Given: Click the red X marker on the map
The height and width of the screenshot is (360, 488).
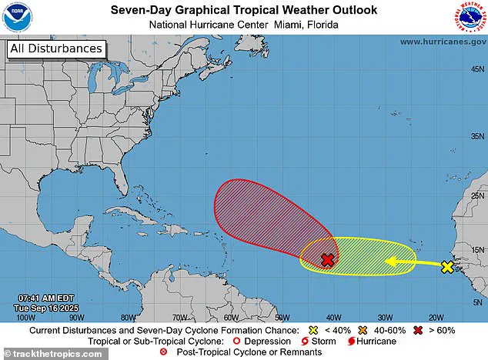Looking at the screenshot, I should click(327, 260).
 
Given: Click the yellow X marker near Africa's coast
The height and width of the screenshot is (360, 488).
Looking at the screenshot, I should click(447, 267).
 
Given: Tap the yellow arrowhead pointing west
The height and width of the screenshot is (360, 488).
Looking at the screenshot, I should click(390, 262).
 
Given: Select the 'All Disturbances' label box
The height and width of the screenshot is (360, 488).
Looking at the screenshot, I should click(55, 48).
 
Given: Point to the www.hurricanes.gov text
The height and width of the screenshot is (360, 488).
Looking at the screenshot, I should click(443, 42).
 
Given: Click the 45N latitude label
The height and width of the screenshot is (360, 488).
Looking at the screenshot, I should click(476, 69).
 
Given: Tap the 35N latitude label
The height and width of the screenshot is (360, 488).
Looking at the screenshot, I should click(476, 136).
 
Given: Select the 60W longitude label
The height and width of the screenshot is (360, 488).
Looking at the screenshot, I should click(230, 316).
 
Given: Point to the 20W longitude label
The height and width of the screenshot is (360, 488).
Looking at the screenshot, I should click(435, 316).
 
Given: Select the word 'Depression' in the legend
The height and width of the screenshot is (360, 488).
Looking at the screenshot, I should click(269, 341).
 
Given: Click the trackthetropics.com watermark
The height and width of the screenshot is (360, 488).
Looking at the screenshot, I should click(52, 353).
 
